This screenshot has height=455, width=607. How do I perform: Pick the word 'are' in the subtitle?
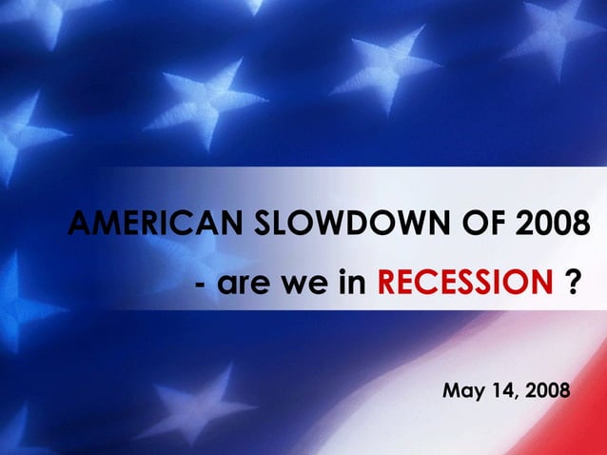(243, 284)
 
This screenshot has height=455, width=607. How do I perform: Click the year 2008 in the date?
(549, 390)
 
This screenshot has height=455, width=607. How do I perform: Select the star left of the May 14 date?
(205, 400)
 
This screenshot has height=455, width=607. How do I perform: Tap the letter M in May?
(452, 390)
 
